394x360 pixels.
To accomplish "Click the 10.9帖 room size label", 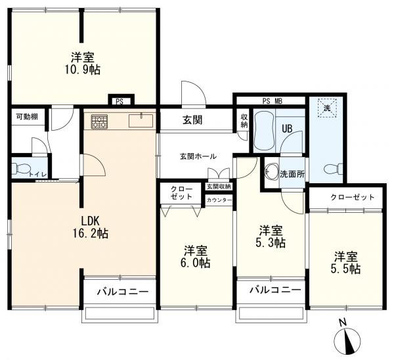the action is (83, 70).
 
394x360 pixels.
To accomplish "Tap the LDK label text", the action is (91, 221).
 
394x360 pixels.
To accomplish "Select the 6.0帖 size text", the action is (196, 263).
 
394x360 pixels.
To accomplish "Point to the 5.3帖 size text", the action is (271, 242).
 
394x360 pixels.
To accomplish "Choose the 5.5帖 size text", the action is (345, 269).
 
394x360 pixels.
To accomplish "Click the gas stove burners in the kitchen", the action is (99, 122).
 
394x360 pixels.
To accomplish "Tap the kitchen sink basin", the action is (141, 121).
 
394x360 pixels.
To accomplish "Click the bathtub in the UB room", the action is (263, 131).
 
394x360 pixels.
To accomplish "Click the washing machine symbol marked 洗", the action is (326, 108).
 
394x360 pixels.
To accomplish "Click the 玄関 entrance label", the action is (192, 120).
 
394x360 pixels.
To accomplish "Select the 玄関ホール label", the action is (198, 156).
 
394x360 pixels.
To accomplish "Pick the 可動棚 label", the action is (27, 117).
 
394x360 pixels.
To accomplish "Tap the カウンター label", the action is (219, 200).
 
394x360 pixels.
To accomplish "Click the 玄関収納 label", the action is (219, 187).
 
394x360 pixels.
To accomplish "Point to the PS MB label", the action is (273, 101).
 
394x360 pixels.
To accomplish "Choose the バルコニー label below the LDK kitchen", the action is (123, 292).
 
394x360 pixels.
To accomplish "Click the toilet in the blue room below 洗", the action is (334, 169).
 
